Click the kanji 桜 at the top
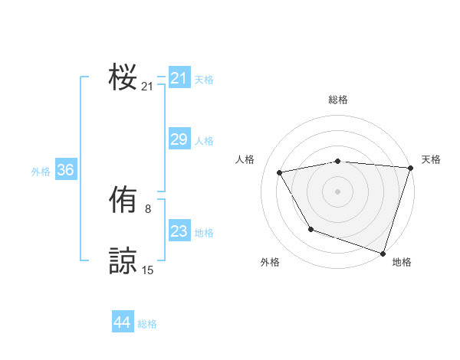[123, 77]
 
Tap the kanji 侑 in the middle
[123, 201]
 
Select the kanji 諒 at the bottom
[123, 260]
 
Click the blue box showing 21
[179, 78]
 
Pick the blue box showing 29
[179, 139]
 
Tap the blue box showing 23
[179, 231]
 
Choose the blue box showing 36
[65, 170]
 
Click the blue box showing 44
[122, 322]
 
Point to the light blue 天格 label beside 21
[204, 79]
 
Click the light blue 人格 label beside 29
[204, 141]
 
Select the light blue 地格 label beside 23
[204, 233]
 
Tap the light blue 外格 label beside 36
[41, 172]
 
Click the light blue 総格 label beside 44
[147, 324]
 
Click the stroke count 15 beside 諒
[147, 270]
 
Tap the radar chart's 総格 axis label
[338, 100]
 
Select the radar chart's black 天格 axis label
[431, 159]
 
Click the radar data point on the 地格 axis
[383, 253]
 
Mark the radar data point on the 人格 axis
[280, 172]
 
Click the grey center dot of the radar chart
[338, 191]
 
